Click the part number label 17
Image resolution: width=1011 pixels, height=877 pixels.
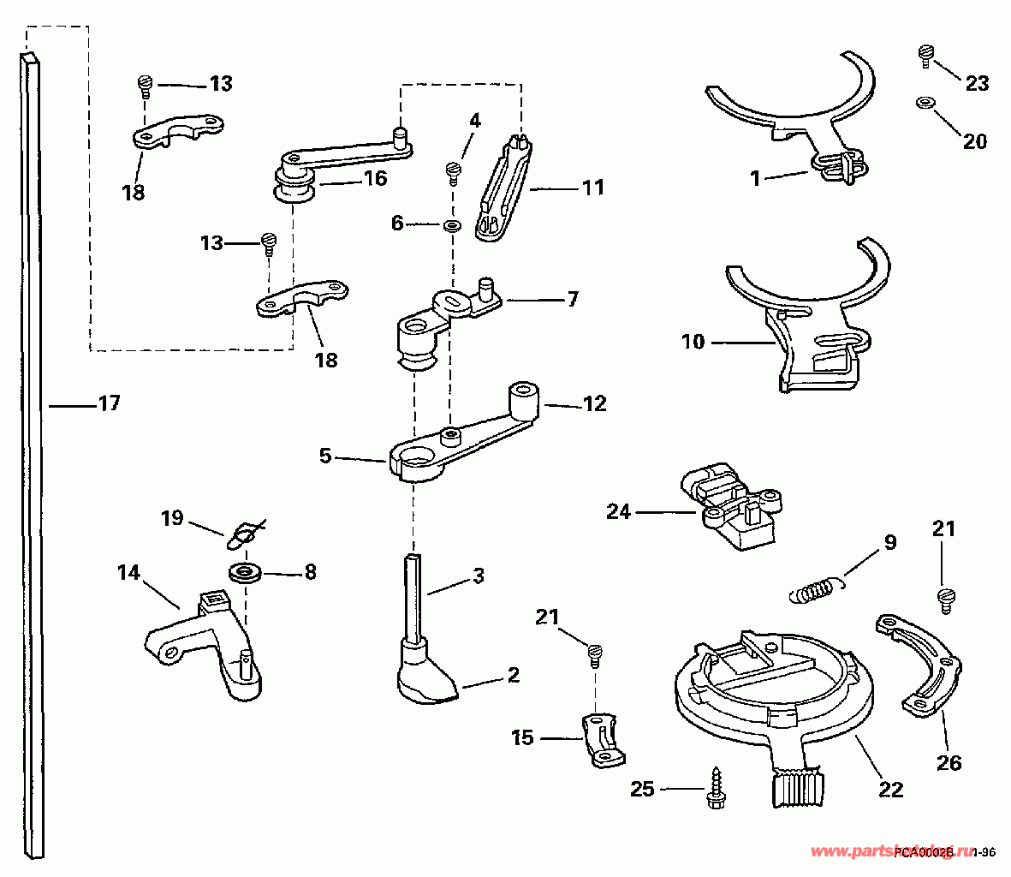coord(109,403)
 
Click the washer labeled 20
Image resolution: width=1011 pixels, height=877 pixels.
coord(924,103)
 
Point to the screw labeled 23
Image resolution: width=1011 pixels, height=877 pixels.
coord(925,56)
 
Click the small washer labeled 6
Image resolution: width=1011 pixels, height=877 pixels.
coord(451,226)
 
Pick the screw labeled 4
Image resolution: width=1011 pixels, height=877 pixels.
coord(453,172)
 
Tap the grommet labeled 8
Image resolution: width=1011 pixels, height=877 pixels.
coord(246,572)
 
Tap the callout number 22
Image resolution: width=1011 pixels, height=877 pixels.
coord(891,789)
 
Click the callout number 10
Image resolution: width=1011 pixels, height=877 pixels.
coord(693,343)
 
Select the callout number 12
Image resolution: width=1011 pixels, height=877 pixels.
coord(594,403)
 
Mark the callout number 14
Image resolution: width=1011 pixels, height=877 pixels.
coord(128,573)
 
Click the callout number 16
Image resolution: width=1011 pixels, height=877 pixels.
coord(375,178)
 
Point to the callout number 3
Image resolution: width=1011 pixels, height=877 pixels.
coord(478,576)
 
